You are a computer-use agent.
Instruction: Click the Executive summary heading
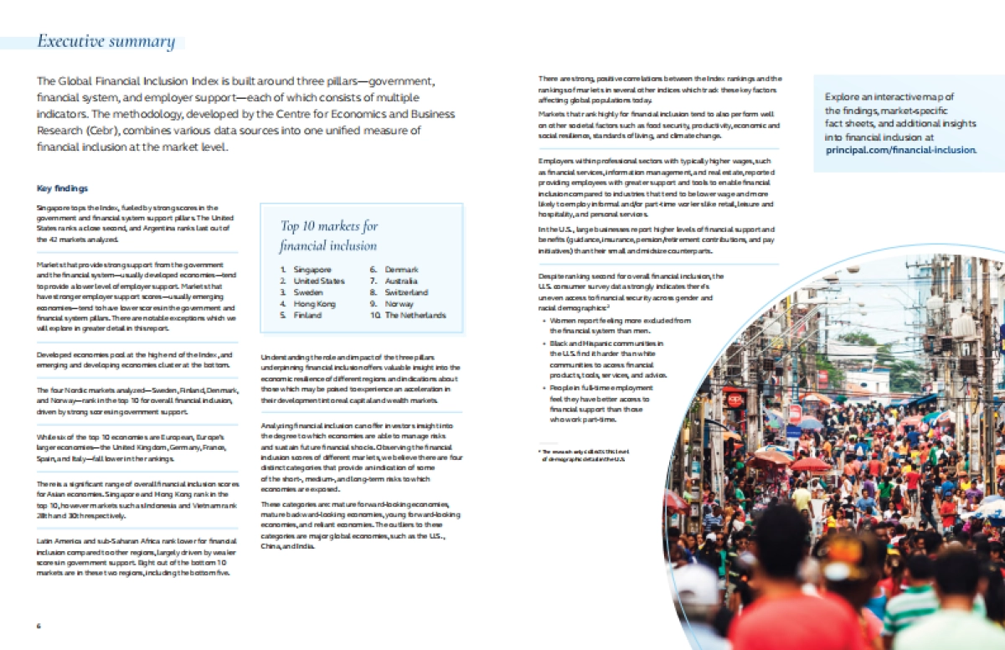(x=106, y=42)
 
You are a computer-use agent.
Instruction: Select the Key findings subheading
(x=63, y=188)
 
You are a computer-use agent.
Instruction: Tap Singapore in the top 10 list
(x=312, y=270)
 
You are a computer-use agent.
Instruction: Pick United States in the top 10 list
(x=319, y=281)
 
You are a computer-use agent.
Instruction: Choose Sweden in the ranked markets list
(x=308, y=292)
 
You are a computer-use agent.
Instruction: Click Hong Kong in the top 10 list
(x=315, y=304)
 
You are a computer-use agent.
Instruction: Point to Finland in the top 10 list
(x=307, y=315)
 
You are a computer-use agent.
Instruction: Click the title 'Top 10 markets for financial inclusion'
(x=329, y=236)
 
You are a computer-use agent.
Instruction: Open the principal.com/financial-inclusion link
(x=901, y=150)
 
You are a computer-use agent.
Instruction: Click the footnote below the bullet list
(x=584, y=456)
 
